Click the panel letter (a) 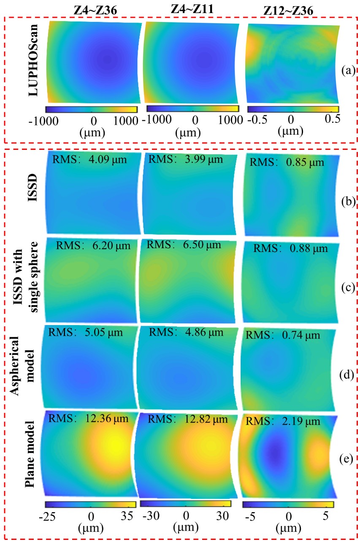pos(349,70)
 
